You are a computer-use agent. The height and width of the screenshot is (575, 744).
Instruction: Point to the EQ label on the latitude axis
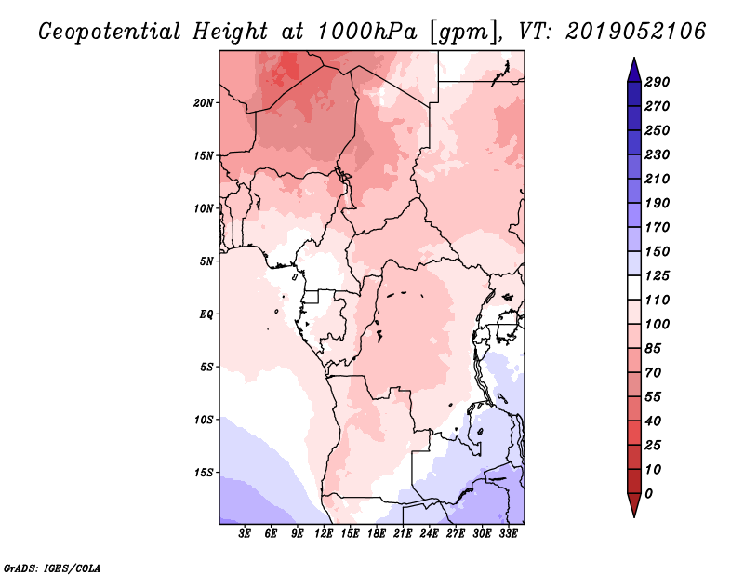(x=206, y=314)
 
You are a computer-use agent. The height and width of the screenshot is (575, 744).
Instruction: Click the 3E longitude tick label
(x=246, y=534)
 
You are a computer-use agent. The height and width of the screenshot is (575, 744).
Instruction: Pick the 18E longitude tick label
(x=377, y=534)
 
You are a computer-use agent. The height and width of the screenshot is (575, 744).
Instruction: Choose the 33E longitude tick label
(x=508, y=534)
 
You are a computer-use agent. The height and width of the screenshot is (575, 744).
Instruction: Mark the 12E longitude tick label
(x=324, y=534)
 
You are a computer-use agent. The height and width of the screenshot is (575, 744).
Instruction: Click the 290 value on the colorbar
(x=658, y=82)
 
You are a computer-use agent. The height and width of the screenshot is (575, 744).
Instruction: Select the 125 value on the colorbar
(x=658, y=275)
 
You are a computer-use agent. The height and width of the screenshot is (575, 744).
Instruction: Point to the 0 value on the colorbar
(x=649, y=493)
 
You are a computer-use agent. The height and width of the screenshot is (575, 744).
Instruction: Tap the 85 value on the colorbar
(x=654, y=348)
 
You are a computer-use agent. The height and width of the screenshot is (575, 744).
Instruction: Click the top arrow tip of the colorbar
(x=632, y=60)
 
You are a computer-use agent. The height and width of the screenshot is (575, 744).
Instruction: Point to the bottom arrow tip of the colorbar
(x=632, y=515)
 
